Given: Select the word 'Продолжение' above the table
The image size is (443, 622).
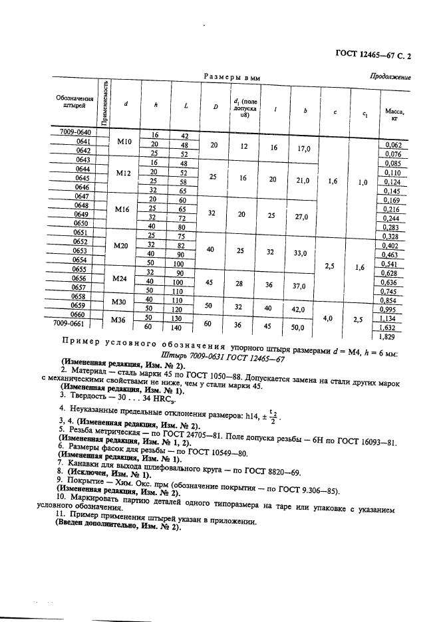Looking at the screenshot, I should tap(390, 76).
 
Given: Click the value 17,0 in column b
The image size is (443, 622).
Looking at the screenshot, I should tap(304, 149).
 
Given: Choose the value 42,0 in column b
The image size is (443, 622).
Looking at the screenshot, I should tap(304, 309).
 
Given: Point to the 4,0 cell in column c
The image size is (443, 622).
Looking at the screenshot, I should tap(328, 319).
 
